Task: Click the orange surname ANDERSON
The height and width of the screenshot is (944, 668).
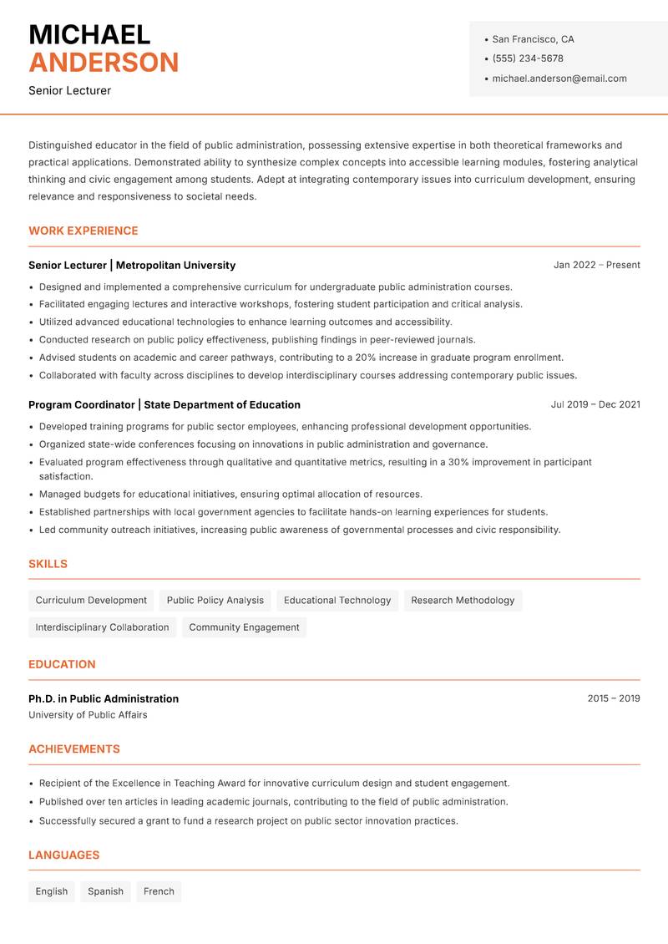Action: [x=104, y=63]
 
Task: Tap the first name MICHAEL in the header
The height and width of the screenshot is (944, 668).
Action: [x=89, y=35]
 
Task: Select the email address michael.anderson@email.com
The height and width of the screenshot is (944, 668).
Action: [x=559, y=79]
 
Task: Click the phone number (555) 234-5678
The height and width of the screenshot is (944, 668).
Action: [x=527, y=58]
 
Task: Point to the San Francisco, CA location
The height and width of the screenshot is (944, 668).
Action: [x=533, y=39]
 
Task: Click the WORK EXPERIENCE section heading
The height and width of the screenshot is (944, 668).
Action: [x=83, y=231]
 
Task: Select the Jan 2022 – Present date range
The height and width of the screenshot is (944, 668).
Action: [x=596, y=265]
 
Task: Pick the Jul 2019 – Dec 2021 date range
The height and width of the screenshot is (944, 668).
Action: [x=595, y=404]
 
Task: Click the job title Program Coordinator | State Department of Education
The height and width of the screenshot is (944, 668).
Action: [x=164, y=404]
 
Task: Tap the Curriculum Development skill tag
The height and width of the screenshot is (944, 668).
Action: [x=91, y=600]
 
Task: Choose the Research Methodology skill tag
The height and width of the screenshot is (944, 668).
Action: [x=463, y=600]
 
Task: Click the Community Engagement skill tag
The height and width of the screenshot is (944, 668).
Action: [x=244, y=627]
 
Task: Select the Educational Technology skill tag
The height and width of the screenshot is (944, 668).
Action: [x=337, y=600]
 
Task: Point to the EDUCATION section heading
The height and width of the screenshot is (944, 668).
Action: [x=62, y=664]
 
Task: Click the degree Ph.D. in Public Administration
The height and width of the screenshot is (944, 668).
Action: [x=104, y=698]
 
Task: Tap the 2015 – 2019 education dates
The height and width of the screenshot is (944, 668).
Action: [x=614, y=698]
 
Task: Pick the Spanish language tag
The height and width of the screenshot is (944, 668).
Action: [x=105, y=891]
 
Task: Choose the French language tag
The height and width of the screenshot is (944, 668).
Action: [x=159, y=891]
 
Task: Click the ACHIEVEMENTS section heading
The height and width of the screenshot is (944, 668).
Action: [x=74, y=749]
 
